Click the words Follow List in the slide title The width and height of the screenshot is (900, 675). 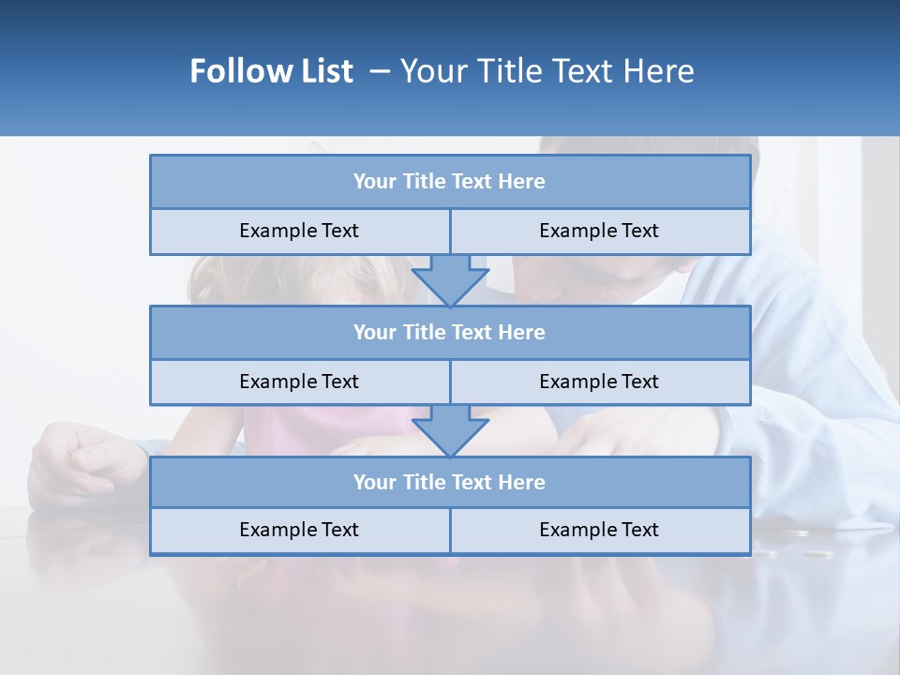coord(271,71)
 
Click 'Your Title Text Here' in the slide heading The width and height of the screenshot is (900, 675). coord(547,71)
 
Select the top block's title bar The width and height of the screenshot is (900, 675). coord(450,182)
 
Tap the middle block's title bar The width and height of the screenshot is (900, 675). coord(450,333)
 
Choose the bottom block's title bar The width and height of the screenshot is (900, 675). coord(450,483)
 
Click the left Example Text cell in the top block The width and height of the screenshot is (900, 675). coord(299,232)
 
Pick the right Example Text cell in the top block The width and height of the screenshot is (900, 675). coord(599,232)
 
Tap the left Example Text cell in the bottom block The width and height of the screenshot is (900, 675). coord(299,531)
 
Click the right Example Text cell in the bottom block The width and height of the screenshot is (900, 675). coord(599,531)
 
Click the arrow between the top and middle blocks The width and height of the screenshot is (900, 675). coord(450,279)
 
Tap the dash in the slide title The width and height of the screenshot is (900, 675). coord(380,71)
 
